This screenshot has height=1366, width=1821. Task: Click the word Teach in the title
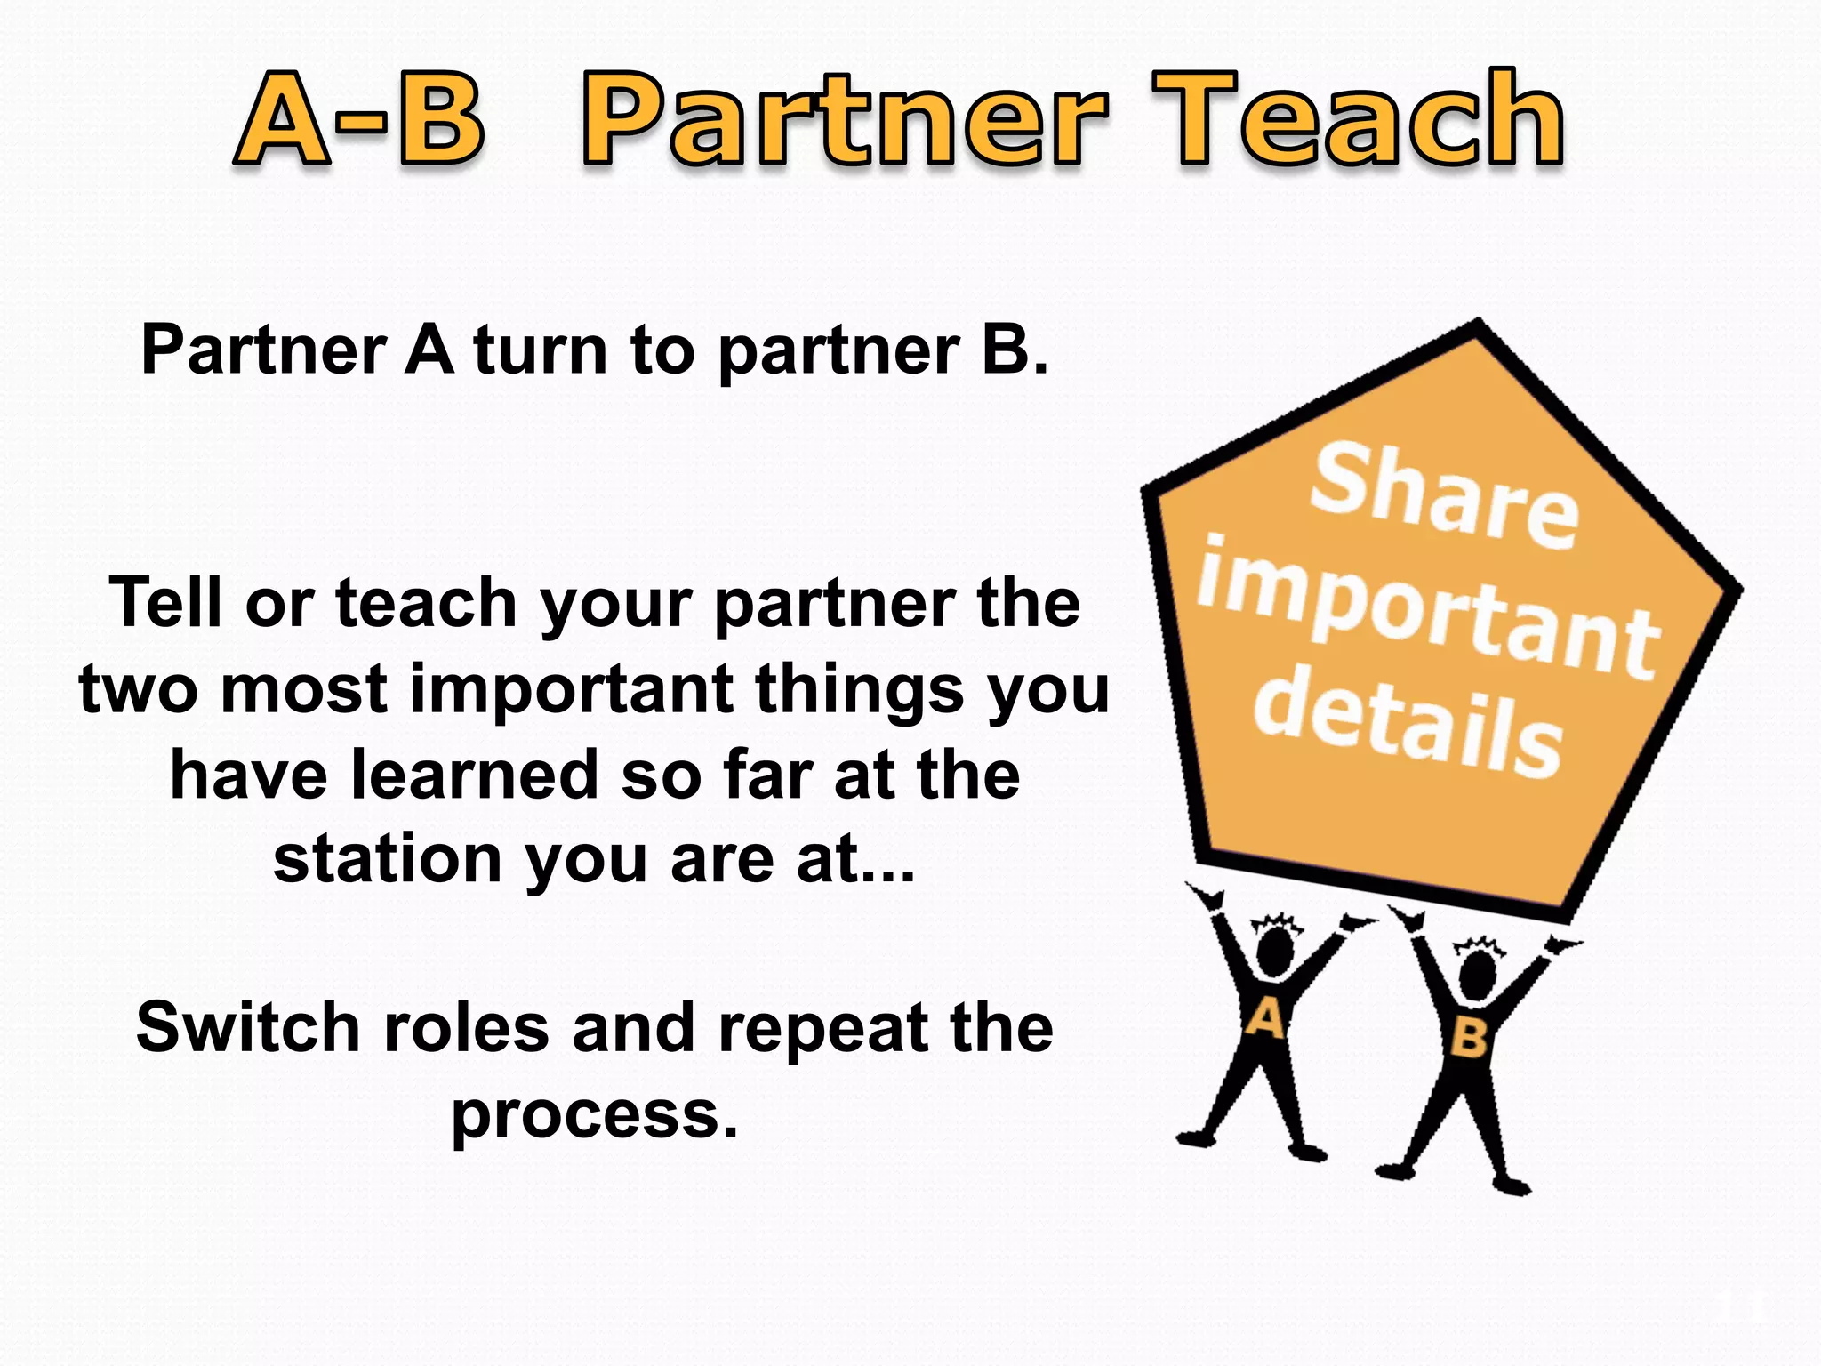(1358, 120)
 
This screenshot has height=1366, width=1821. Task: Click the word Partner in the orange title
(845, 120)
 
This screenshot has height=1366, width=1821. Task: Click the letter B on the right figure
(1468, 1038)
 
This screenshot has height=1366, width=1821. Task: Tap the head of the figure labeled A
(1276, 952)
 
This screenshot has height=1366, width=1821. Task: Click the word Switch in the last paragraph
(246, 1028)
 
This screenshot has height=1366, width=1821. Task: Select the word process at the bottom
(594, 1115)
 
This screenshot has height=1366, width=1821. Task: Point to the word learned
(475, 774)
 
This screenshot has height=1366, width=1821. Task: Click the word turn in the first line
(540, 350)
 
